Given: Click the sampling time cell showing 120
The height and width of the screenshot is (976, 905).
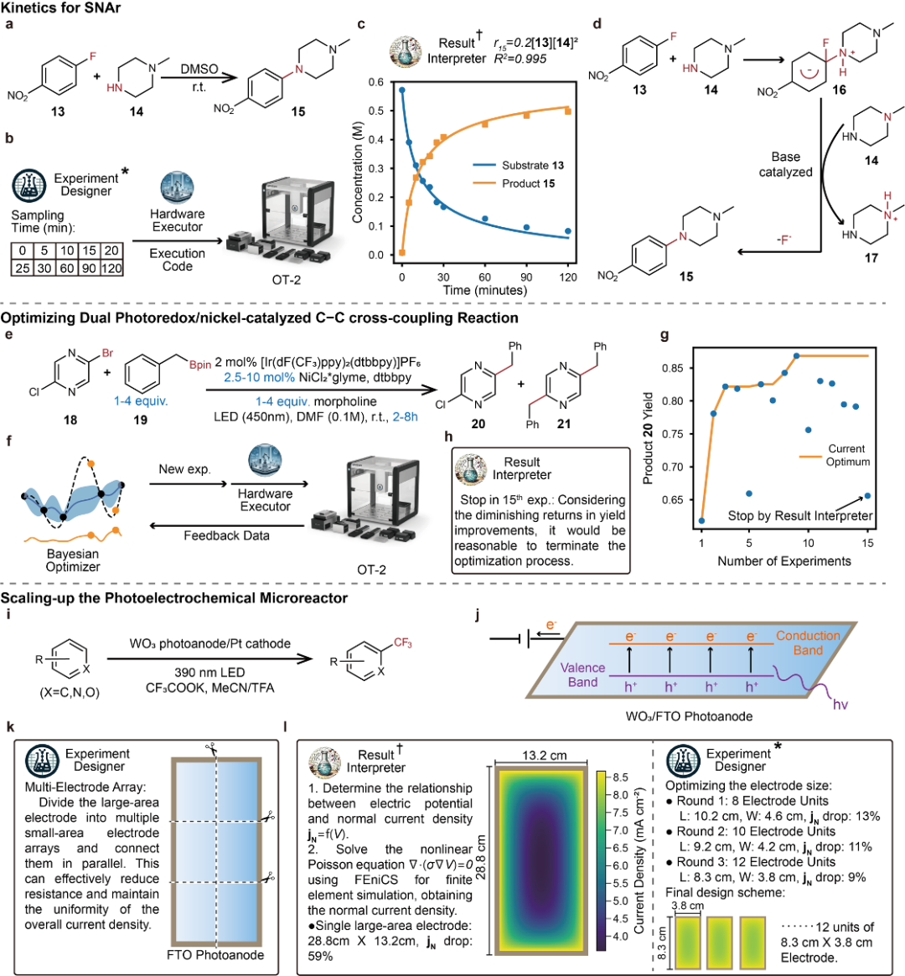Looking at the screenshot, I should [x=111, y=268].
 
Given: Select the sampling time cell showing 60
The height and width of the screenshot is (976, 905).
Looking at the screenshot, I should [x=66, y=268].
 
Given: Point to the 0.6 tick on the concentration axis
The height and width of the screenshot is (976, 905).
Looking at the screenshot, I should [x=377, y=82].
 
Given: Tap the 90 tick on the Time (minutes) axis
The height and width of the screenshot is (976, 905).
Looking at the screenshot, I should [x=526, y=276].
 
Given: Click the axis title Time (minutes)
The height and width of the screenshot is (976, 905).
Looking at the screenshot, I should [x=486, y=290].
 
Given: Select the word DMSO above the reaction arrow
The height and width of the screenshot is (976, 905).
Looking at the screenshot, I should [x=199, y=70].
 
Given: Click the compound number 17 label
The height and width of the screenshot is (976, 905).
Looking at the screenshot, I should [x=871, y=258].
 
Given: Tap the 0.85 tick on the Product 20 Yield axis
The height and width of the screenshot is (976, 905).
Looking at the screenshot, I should [x=673, y=368].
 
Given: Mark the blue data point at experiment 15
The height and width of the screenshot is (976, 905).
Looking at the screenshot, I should [x=867, y=496].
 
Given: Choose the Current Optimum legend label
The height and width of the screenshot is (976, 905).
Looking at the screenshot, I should [x=848, y=455].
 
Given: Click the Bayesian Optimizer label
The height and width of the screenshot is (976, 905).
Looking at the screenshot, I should [x=73, y=560].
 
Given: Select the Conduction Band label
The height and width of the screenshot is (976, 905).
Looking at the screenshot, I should [x=808, y=643].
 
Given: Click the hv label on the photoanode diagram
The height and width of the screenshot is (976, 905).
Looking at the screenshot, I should [x=840, y=705].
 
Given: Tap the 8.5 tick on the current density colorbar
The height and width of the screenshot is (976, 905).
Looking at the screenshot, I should [x=620, y=777].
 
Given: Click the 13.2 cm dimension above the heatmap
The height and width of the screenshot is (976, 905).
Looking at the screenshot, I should [x=545, y=755].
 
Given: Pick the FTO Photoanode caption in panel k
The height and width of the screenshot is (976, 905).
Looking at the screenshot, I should [x=215, y=955].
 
